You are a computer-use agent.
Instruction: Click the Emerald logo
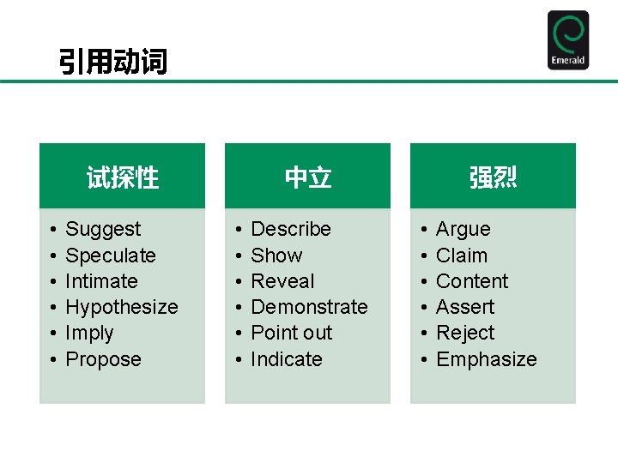568,40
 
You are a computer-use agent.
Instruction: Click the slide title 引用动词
112,62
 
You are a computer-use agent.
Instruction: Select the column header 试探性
123,177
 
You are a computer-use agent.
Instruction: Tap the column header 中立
307,177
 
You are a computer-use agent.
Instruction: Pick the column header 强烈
493,177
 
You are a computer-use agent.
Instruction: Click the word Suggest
103,229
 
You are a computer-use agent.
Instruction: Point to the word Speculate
111,256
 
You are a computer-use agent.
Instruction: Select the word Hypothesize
122,307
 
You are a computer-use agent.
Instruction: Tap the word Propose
103,359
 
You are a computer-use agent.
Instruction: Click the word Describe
290,229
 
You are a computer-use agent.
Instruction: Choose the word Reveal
282,281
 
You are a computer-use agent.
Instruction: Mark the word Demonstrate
309,307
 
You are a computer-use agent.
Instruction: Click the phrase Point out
291,333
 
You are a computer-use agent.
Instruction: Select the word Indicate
286,359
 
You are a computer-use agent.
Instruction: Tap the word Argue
463,229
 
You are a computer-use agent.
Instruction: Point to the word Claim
462,256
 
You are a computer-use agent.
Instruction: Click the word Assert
465,307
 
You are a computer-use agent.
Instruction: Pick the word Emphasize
487,359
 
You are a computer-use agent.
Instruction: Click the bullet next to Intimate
53,282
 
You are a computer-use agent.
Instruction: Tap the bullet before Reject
424,334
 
